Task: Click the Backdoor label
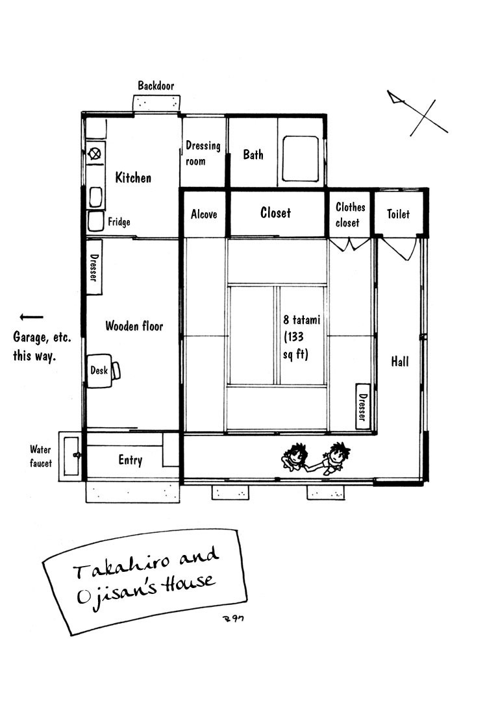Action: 156,86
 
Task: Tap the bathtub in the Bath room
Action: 300,158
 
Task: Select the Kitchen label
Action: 133,177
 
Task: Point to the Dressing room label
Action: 203,153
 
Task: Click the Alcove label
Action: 204,214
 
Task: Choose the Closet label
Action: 276,213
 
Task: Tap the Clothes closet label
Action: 350,214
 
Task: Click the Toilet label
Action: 398,214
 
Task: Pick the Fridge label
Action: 119,222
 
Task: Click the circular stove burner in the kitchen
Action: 95,154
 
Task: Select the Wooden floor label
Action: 134,326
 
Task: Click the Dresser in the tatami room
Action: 362,406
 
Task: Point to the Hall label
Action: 399,362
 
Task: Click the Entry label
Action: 131,460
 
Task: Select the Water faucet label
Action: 40,456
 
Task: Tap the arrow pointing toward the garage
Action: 31,317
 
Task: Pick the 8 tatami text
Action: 302,319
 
